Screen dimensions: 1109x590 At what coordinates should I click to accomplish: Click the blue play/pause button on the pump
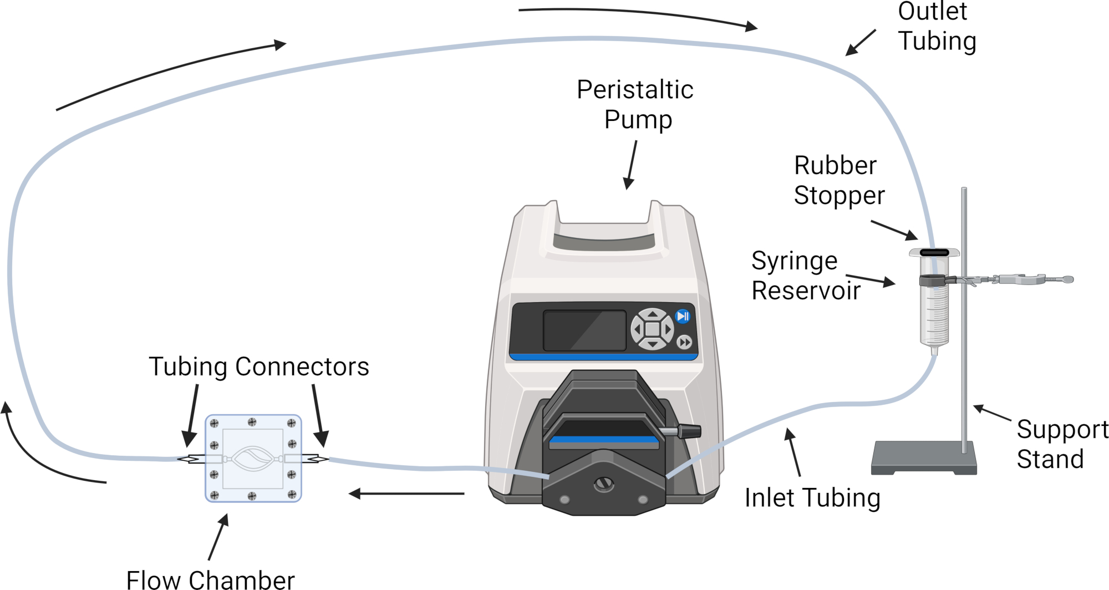click(683, 316)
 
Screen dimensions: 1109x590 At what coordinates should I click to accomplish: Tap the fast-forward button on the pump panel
click(684, 342)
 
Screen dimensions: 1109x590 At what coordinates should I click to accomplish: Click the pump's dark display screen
click(584, 330)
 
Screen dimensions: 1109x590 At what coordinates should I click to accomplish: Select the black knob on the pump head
click(688, 430)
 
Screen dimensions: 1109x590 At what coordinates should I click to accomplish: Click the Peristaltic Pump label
click(635, 105)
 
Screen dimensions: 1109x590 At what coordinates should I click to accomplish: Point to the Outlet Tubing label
click(937, 27)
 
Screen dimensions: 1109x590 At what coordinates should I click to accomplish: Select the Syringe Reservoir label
click(806, 276)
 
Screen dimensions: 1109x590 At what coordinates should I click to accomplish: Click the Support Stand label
click(1062, 444)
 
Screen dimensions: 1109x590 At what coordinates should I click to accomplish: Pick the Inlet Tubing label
click(812, 497)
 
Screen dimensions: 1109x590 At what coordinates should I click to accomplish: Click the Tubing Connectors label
click(259, 367)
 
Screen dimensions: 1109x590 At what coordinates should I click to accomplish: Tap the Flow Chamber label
click(211, 579)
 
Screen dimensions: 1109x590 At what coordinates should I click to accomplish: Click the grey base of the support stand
click(924, 457)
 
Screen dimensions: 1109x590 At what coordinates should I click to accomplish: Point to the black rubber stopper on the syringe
click(934, 252)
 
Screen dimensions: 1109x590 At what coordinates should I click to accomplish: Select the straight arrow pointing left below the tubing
click(406, 494)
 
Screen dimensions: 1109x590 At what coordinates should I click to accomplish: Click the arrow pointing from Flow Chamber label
click(218, 537)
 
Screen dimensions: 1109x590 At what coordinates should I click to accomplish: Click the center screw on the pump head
click(603, 484)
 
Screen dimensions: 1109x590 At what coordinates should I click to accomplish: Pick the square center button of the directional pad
click(652, 329)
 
